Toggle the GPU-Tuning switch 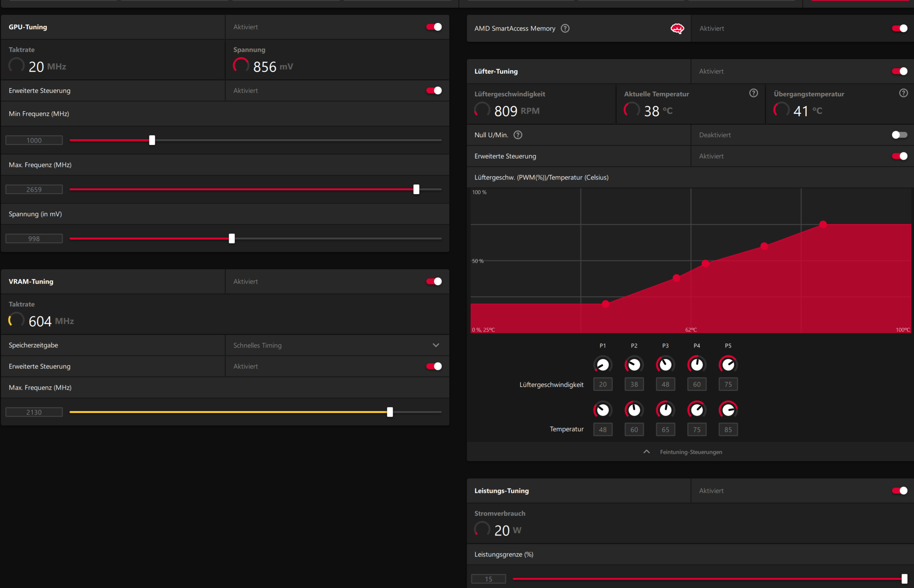pyautogui.click(x=434, y=27)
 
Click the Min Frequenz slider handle pyautogui.click(x=152, y=140)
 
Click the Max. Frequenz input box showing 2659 pyautogui.click(x=34, y=189)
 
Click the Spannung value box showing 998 pyautogui.click(x=34, y=239)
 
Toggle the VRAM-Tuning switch pyautogui.click(x=434, y=281)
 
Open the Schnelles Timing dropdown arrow pyautogui.click(x=435, y=345)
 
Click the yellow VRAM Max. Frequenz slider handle pyautogui.click(x=390, y=412)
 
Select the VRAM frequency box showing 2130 pyautogui.click(x=34, y=412)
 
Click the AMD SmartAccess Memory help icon pyautogui.click(x=565, y=28)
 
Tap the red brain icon pyautogui.click(x=677, y=28)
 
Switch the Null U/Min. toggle pyautogui.click(x=899, y=135)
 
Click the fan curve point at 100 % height pyautogui.click(x=823, y=224)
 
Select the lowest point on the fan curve pyautogui.click(x=605, y=304)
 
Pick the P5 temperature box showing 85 pyautogui.click(x=728, y=430)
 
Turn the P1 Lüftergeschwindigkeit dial pyautogui.click(x=603, y=365)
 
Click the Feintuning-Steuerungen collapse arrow pyautogui.click(x=646, y=452)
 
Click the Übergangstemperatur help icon pyautogui.click(x=903, y=93)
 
